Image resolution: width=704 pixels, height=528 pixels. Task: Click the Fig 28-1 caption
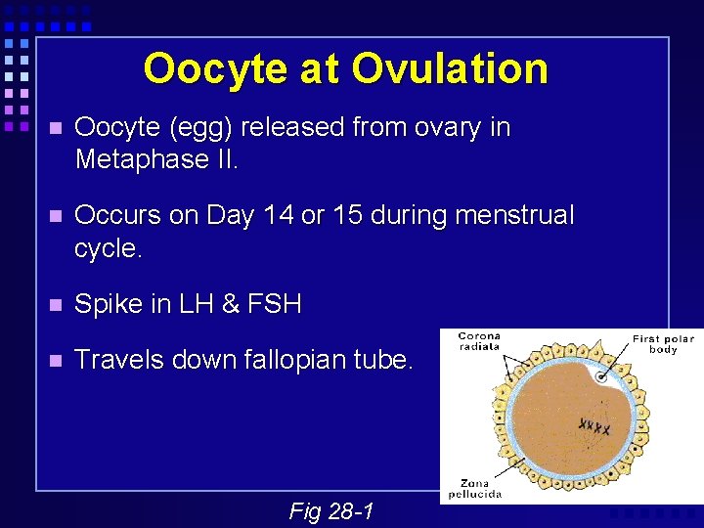(x=330, y=510)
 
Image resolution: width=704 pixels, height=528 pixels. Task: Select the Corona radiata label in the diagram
(x=478, y=340)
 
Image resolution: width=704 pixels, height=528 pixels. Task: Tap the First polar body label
(x=663, y=344)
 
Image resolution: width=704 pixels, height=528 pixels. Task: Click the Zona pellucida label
(x=476, y=488)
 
